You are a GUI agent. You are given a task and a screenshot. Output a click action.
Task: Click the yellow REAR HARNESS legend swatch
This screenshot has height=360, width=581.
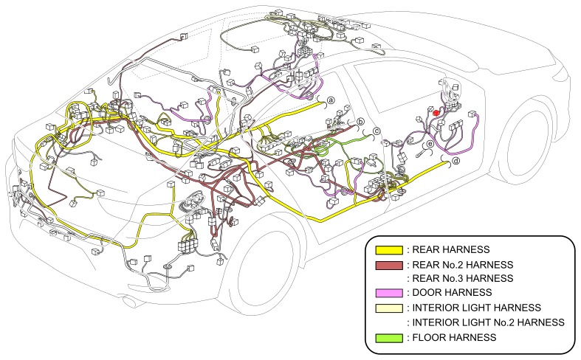coord(389,250)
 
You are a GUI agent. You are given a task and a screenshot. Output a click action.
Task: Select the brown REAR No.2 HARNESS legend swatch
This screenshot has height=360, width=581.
coord(389,265)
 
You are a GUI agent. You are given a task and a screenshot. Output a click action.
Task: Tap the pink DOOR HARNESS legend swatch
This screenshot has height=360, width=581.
coord(389,293)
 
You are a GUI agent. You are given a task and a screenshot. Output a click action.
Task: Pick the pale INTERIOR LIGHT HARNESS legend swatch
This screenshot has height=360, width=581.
coord(389,308)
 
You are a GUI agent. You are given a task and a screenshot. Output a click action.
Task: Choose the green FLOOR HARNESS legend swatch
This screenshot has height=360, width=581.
coord(389,336)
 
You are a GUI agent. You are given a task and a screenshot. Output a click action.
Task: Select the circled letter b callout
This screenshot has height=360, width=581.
coord(361,122)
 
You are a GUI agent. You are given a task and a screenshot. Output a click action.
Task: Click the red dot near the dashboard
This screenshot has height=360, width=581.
coord(436,112)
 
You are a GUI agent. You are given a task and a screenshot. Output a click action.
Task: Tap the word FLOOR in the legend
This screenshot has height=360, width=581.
coord(428,336)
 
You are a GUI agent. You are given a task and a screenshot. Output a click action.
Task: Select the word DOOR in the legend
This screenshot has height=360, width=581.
coord(427,293)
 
